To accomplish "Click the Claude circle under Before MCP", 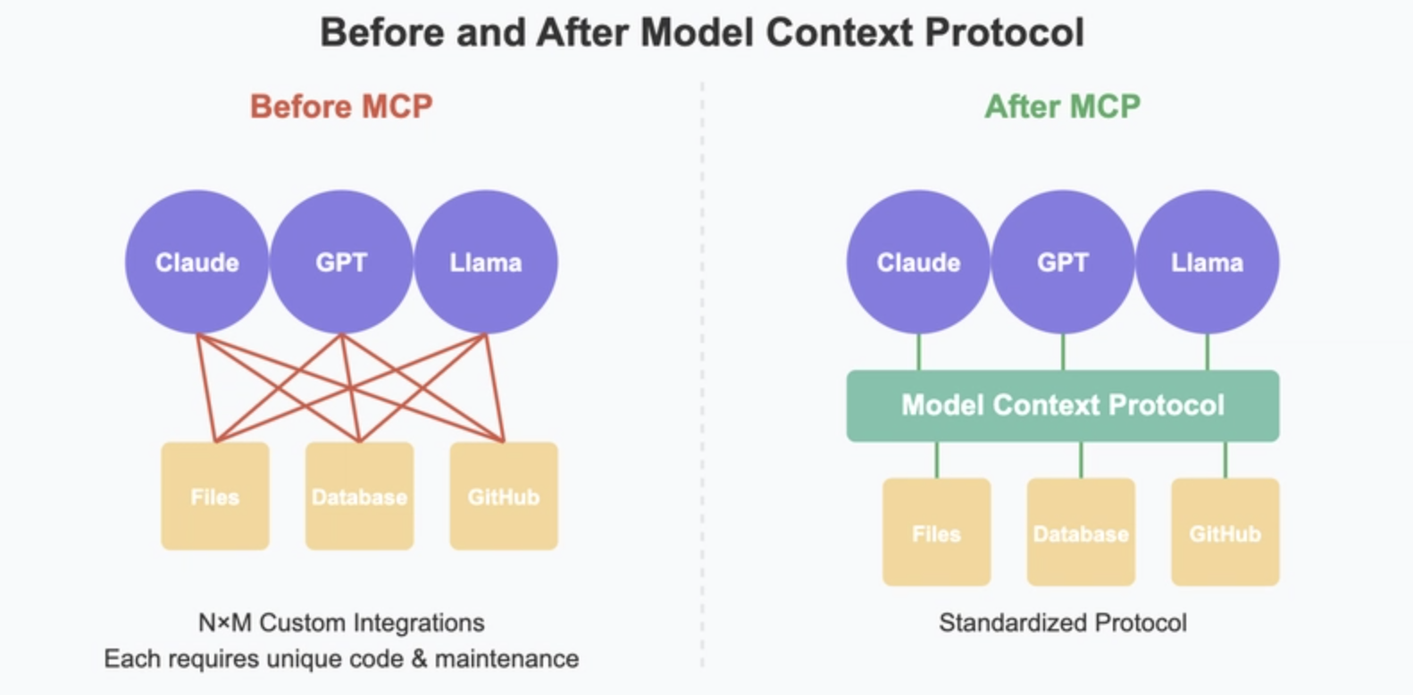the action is (x=196, y=263).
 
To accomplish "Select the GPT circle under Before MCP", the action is (x=341, y=263).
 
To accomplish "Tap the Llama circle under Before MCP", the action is (x=486, y=263).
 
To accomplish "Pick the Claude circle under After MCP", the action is (x=918, y=263).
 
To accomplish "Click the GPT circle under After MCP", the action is (x=1063, y=263).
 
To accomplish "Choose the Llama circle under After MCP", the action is (x=1208, y=263).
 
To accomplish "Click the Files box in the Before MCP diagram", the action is (x=215, y=497).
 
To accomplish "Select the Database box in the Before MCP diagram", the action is (x=360, y=497).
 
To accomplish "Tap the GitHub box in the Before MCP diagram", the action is (x=504, y=497).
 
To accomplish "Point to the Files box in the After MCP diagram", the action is (x=937, y=532).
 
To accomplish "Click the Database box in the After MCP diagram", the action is (x=1082, y=532).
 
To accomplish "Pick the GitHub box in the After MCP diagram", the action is (x=1225, y=532).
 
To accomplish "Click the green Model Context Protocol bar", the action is (x=1063, y=406).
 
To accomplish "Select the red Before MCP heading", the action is (x=341, y=106).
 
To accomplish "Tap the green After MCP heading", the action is (x=1063, y=106).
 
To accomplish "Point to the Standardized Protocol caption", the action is (x=1063, y=624).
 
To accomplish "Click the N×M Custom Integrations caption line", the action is (x=341, y=624).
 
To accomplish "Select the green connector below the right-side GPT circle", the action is (x=1064, y=352).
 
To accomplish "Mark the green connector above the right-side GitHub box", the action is (x=1225, y=460).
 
